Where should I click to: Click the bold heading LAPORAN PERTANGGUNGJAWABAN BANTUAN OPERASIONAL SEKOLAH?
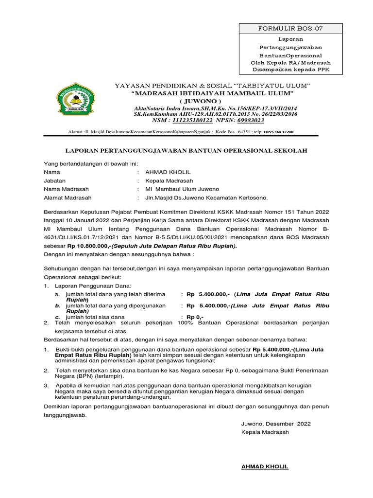tap(186, 151)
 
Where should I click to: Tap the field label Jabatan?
tap(54, 180)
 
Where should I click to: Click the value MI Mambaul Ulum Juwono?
tap(179, 189)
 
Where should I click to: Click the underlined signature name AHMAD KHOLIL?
tap(265, 467)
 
